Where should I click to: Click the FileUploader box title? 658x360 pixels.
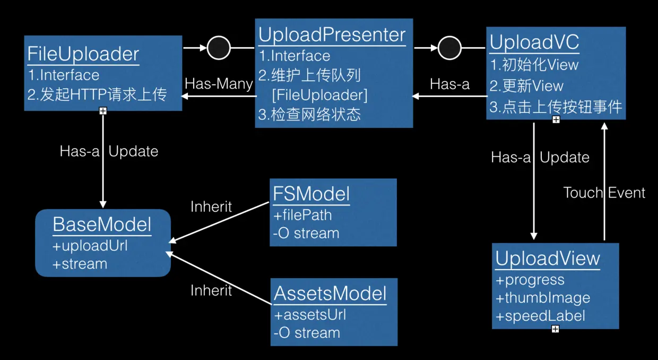83,54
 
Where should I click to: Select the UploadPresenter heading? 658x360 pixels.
332,35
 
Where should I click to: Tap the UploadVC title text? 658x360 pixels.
534,42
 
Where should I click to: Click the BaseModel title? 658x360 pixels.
102,225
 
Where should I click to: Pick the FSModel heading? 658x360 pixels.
311,194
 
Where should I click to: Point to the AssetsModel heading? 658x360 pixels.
330,293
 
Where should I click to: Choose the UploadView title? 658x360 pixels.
548,259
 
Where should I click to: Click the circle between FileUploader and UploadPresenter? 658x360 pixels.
219,48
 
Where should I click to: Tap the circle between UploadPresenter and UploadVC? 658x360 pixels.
449,48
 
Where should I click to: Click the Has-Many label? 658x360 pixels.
219,84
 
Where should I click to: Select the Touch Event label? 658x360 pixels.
604,193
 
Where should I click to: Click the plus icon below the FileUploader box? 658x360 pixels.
103,111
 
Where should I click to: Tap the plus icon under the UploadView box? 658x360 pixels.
555,329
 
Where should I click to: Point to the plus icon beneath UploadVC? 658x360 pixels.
556,119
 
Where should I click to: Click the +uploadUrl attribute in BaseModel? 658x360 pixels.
90,246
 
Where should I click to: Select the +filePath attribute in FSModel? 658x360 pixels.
302,215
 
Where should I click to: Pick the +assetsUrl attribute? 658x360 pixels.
310,315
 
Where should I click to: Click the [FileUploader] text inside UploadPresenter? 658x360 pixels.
320,95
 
